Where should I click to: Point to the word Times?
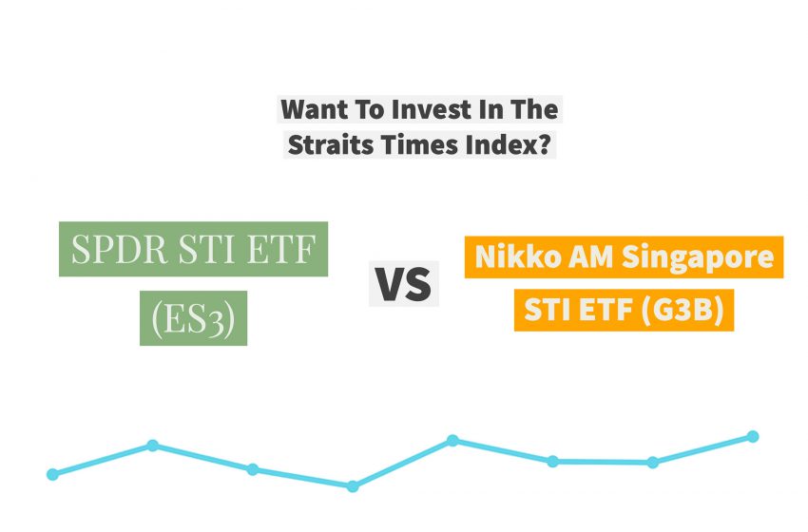click(411, 147)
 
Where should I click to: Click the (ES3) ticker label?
click(193, 318)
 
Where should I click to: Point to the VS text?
click(403, 284)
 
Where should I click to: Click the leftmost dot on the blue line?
click(52, 474)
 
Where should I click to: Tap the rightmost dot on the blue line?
click(753, 437)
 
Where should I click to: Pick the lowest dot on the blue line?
click(353, 486)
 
